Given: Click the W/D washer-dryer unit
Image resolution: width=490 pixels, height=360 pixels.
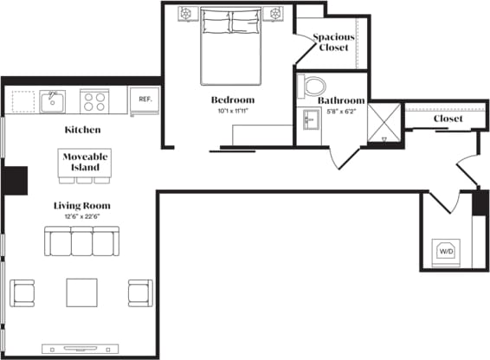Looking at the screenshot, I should (x=447, y=251).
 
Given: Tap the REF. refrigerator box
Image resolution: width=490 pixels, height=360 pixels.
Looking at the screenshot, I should (x=145, y=99).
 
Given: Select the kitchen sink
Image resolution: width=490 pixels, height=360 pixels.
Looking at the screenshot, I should (x=52, y=100).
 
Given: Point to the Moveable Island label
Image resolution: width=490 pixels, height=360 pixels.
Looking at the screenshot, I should (x=83, y=161).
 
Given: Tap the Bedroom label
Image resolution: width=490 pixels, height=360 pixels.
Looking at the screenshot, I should (x=232, y=100).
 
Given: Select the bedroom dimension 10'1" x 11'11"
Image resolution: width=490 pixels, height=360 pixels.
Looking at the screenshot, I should (x=232, y=111).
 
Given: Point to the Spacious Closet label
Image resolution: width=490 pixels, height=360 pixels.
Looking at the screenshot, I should (x=332, y=42).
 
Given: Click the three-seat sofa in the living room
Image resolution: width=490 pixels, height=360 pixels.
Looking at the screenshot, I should (x=81, y=243).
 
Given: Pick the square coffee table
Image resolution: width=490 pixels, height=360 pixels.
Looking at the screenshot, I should (x=82, y=292).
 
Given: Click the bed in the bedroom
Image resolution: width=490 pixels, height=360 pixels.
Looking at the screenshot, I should (x=231, y=43).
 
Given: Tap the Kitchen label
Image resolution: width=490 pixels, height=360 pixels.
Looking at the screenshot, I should (x=83, y=130).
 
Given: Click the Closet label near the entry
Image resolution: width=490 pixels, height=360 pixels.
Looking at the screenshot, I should (x=448, y=119).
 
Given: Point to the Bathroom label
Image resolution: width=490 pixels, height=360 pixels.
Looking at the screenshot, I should (x=339, y=100).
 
